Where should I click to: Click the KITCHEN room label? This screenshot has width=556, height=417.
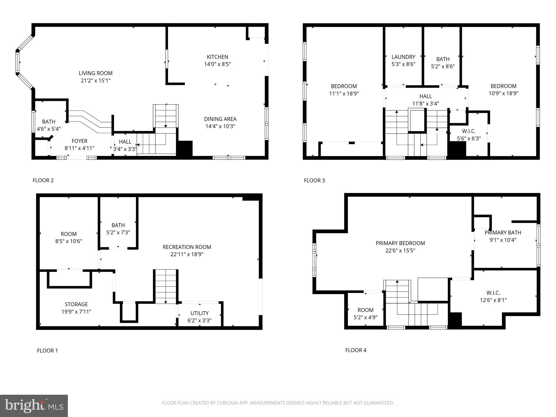click(217, 57)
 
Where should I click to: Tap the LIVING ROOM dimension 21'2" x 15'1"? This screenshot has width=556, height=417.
click(96, 81)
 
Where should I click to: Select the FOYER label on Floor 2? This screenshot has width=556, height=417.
click(79, 141)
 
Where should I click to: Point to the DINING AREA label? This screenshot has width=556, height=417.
click(220, 119)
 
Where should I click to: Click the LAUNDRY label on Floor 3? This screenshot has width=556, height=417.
click(403, 57)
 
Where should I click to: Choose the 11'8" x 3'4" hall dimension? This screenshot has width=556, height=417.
click(425, 103)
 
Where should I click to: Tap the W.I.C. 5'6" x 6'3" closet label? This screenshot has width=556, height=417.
click(469, 131)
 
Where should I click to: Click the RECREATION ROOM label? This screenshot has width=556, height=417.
click(187, 247)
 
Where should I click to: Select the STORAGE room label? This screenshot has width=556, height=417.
click(76, 304)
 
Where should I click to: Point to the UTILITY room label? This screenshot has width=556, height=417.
click(199, 313)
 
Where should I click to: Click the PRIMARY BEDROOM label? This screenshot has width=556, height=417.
click(400, 243)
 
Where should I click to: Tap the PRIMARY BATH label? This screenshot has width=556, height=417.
click(503, 233)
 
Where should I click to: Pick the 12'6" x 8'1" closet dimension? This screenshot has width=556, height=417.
click(493, 300)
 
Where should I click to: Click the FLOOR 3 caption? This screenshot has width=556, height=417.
click(314, 181)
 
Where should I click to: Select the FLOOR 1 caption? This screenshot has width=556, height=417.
click(47, 350)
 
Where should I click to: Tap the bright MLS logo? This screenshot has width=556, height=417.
click(34, 406)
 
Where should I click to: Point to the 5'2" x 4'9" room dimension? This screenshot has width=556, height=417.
click(365, 317)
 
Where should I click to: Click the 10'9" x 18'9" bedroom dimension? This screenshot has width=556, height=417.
click(503, 93)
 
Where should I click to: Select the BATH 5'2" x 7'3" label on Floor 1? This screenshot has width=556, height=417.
click(118, 225)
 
